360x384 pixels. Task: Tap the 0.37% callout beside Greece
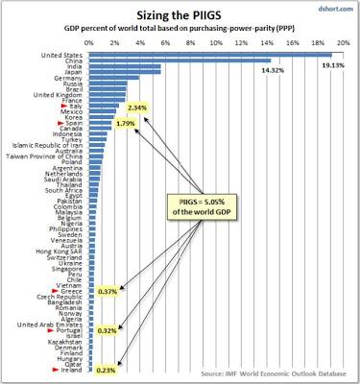tap(108, 290)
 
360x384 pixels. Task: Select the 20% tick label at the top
tap(332, 43)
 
